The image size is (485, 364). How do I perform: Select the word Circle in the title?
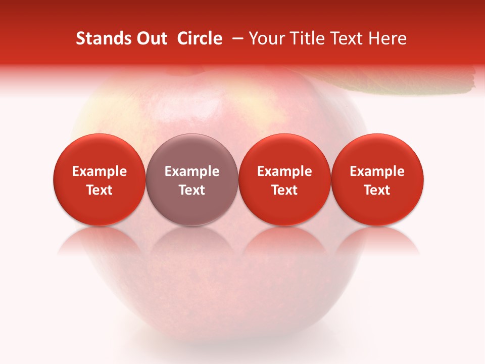click(x=200, y=38)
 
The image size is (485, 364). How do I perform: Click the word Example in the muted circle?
click(x=192, y=171)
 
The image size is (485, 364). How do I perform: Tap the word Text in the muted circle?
click(x=192, y=190)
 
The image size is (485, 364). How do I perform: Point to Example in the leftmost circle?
click(x=100, y=171)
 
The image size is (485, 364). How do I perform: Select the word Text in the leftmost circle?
click(x=100, y=190)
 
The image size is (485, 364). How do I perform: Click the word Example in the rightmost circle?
click(x=377, y=171)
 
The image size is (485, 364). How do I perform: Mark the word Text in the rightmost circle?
click(x=377, y=190)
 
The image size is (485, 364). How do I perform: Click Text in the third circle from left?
click(x=284, y=190)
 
